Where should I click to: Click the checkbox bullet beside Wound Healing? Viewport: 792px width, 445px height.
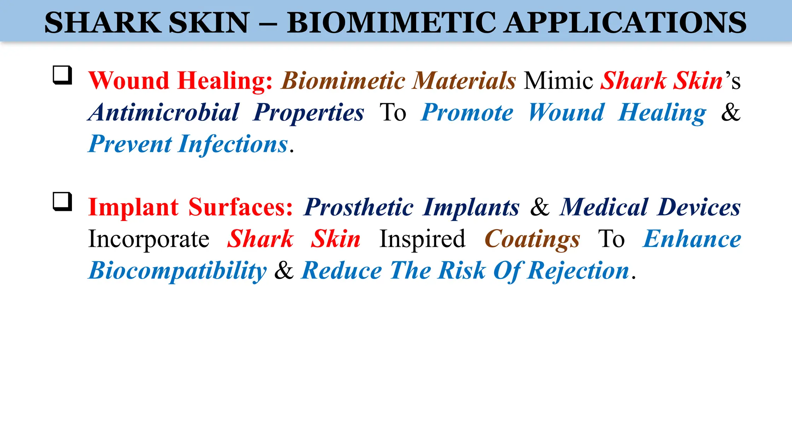point(62,75)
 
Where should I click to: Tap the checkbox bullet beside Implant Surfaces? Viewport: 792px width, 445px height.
point(62,201)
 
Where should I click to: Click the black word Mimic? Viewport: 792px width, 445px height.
point(558,81)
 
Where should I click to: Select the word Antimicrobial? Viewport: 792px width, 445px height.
point(164,112)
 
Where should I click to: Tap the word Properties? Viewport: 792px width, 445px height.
point(308,113)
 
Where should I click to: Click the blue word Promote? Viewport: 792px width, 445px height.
point(467,113)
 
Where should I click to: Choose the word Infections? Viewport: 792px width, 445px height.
point(233,144)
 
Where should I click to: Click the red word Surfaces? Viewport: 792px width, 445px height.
point(241,207)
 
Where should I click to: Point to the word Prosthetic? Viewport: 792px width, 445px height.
point(358,207)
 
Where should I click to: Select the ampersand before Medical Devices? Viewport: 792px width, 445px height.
point(540,207)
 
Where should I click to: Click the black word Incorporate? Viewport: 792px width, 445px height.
point(148,239)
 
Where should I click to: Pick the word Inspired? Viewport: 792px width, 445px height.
point(422,239)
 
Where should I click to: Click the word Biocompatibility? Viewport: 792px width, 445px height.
point(178,271)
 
